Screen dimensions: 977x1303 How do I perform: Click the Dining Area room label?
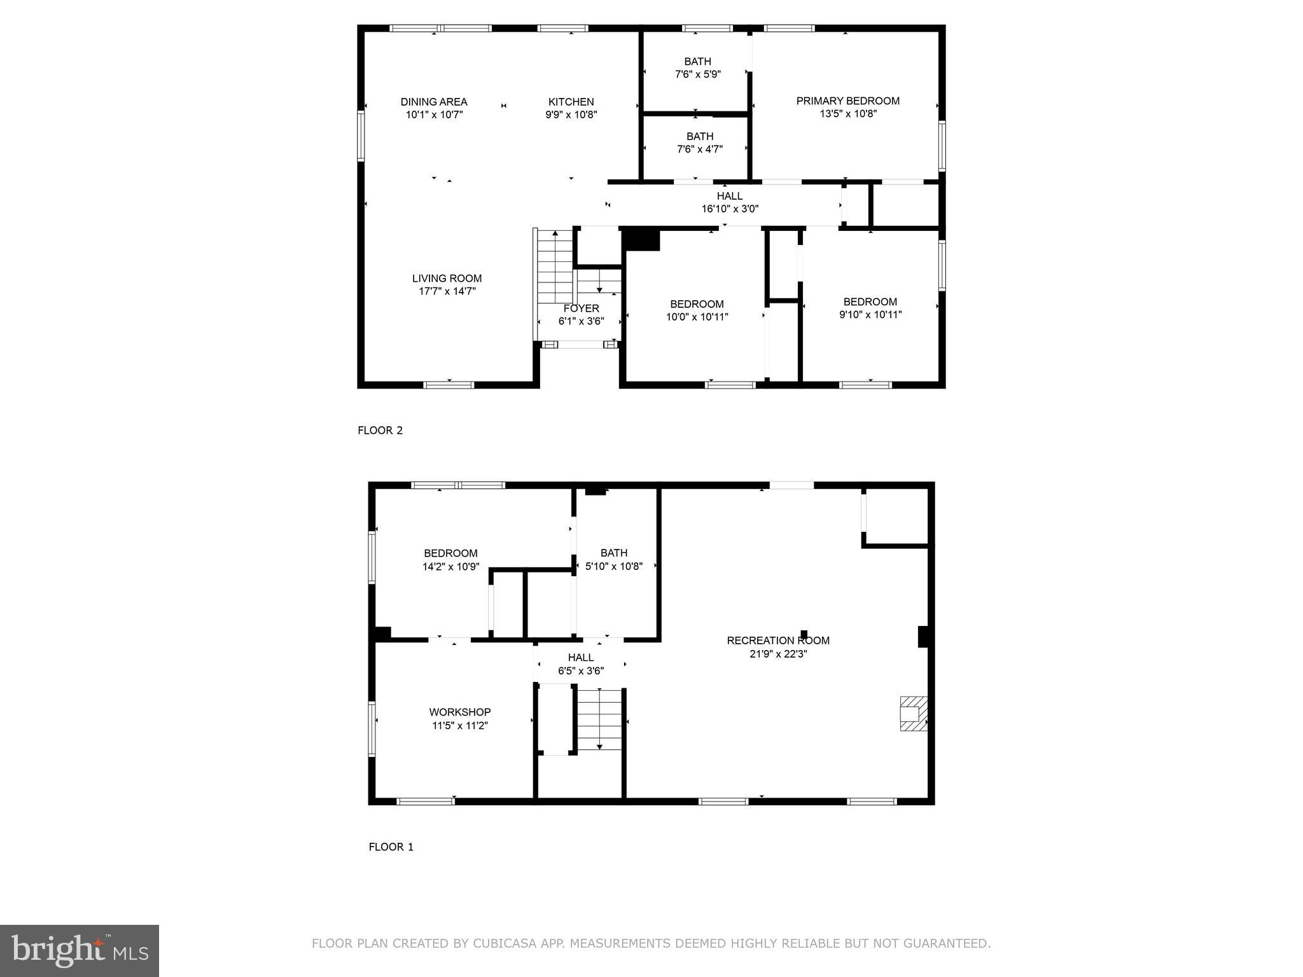coord(434,102)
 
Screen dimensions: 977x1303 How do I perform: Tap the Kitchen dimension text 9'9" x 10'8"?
coord(571,115)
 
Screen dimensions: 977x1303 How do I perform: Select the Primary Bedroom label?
coord(847,100)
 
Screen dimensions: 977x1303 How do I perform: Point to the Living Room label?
coord(447,279)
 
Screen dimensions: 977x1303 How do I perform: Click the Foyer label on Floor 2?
coord(581,308)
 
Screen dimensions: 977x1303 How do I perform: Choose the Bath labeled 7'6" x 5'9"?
coord(697,68)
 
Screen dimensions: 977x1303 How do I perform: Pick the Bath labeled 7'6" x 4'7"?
coord(699,143)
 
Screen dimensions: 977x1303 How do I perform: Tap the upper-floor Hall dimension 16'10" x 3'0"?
coord(730,209)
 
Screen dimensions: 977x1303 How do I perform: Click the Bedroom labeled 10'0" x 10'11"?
coord(697,310)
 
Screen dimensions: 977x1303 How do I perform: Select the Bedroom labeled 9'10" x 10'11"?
coord(870,308)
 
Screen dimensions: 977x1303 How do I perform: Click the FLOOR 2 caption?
coord(380,431)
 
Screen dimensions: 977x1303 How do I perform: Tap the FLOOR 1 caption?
coord(391,847)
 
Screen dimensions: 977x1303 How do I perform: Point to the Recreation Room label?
coord(778,641)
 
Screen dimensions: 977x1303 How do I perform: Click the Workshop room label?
coord(459,712)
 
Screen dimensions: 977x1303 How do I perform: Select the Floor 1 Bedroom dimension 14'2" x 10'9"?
coord(450,567)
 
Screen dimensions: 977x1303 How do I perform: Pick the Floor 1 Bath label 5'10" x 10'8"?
coord(613,560)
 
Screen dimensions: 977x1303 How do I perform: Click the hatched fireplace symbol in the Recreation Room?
coord(913,713)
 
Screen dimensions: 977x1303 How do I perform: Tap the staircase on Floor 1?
coord(599,719)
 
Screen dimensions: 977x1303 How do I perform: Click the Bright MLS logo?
coord(79,951)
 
